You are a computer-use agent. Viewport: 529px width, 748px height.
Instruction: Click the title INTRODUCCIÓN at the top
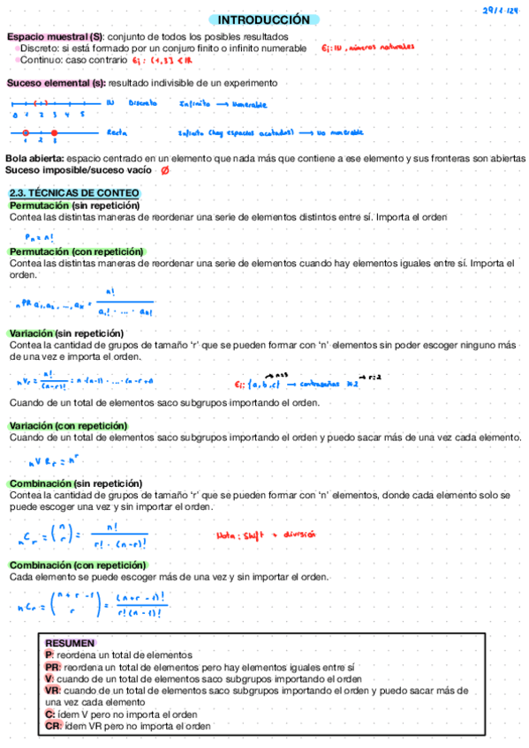pyautogui.click(x=264, y=19)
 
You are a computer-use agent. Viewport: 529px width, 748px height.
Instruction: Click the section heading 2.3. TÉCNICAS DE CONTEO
pyautogui.click(x=72, y=193)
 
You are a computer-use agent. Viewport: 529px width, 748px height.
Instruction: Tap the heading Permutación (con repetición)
pyautogui.click(x=76, y=251)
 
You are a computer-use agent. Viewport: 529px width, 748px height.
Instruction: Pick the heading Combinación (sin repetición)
pyautogui.click(x=76, y=483)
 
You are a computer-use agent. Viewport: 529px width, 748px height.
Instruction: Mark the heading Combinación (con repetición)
pyautogui.click(x=78, y=565)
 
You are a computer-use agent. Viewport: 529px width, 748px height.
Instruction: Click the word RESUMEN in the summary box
pyautogui.click(x=69, y=644)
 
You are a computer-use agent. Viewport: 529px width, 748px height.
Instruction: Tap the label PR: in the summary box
pyautogui.click(x=53, y=668)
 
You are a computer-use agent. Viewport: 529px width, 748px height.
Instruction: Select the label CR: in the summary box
pyautogui.click(x=53, y=726)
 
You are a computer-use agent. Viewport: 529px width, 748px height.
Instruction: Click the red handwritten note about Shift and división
pyautogui.click(x=266, y=535)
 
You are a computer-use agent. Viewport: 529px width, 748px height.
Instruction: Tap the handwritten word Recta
pyautogui.click(x=115, y=132)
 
